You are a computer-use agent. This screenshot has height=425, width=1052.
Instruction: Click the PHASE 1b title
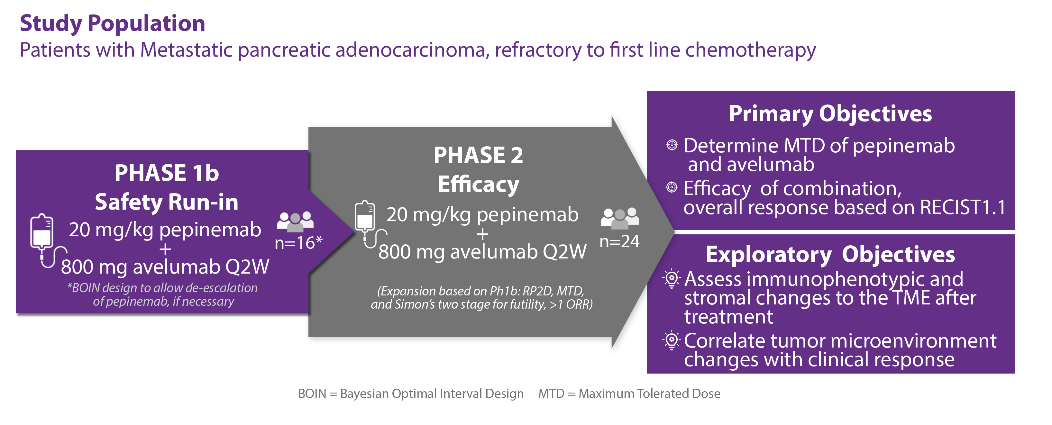pyautogui.click(x=167, y=173)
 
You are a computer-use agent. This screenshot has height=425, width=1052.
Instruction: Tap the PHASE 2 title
pyautogui.click(x=478, y=155)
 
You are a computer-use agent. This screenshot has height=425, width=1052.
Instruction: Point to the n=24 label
pyautogui.click(x=619, y=241)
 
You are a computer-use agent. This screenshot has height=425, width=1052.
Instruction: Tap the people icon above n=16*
pyautogui.click(x=295, y=221)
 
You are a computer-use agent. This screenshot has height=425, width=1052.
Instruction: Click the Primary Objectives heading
pyautogui.click(x=830, y=113)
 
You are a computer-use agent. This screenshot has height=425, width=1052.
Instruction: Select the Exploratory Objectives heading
pyautogui.click(x=830, y=254)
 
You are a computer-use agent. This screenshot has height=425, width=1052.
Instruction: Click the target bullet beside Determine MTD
pyautogui.click(x=672, y=145)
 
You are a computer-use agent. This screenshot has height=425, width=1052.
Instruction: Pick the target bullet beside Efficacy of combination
pyautogui.click(x=672, y=187)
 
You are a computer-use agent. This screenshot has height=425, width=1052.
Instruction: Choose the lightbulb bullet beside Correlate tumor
pyautogui.click(x=672, y=340)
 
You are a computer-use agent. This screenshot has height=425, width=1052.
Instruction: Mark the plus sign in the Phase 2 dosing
pyautogui.click(x=483, y=234)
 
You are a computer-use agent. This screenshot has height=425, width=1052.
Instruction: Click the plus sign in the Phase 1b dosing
pyautogui.click(x=165, y=249)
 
